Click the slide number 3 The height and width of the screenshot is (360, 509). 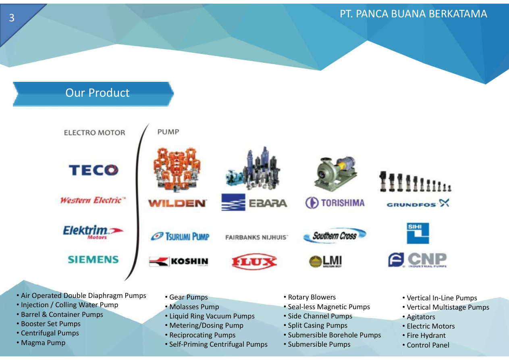[x=12, y=18]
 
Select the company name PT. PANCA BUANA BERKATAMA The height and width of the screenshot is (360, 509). [x=413, y=14]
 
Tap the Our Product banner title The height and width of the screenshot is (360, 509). [x=97, y=93]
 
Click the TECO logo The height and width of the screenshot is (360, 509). [x=93, y=170]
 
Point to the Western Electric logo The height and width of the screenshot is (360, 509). [x=93, y=200]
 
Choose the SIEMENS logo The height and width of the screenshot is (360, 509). [x=93, y=259]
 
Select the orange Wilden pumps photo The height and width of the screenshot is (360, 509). [x=177, y=170]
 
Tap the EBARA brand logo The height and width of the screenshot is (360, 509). [x=254, y=202]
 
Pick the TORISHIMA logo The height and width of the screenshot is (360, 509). [x=335, y=202]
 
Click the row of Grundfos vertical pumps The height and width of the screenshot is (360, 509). [x=415, y=181]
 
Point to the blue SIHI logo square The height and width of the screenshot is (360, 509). [x=418, y=233]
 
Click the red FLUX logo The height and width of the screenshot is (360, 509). [x=254, y=261]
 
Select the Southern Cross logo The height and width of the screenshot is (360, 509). [x=335, y=235]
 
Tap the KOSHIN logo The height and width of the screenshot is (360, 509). [x=179, y=261]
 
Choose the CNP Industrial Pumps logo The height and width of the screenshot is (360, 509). [x=418, y=260]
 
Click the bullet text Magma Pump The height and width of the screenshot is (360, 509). [x=43, y=343]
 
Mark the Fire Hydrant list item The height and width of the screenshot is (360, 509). [x=426, y=335]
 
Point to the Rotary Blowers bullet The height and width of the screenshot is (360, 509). [x=312, y=297]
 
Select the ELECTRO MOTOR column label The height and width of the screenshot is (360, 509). [x=95, y=133]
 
